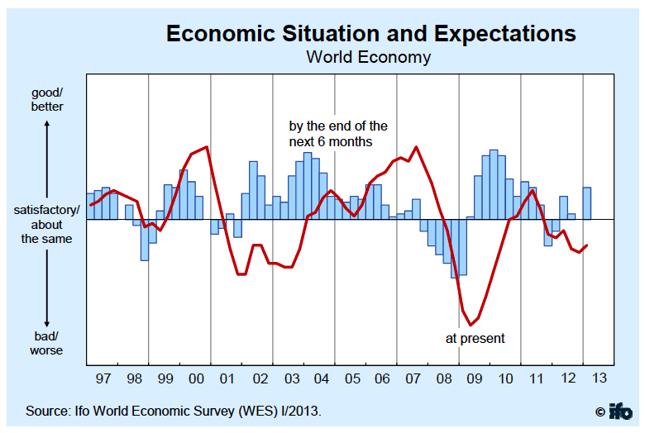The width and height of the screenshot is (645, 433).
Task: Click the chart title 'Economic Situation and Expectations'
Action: pos(370,33)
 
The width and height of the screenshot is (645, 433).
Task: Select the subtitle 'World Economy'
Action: pos(368,57)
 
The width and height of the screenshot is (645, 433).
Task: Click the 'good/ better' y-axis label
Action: pos(47,100)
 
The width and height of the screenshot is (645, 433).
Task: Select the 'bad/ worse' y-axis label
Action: pos(47,343)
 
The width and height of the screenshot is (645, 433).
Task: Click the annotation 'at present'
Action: pos(475,338)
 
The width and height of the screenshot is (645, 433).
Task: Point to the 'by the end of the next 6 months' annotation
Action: pos(337,134)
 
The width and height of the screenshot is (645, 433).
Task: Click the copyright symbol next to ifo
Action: pos(600,412)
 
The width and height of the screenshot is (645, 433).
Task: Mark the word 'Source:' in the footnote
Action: pos(50,411)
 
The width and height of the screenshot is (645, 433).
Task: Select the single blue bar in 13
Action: pos(587,203)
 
